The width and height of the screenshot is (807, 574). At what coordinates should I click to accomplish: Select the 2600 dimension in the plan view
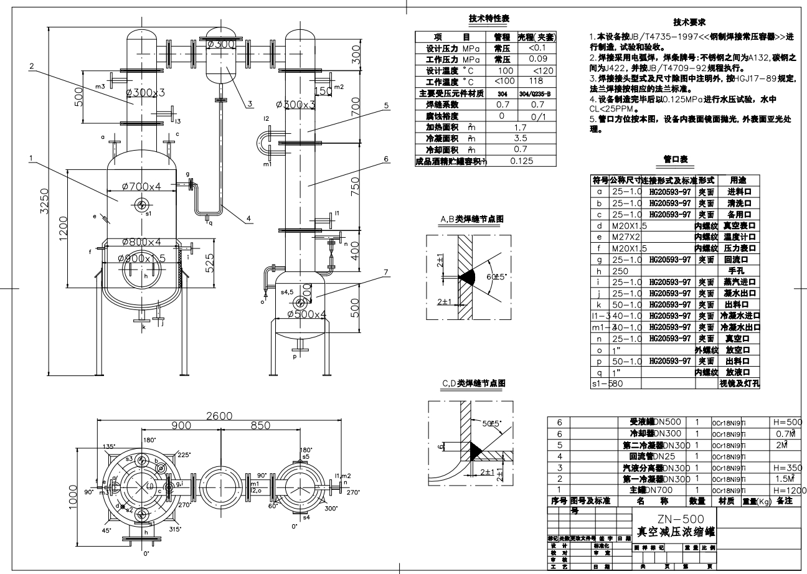[218, 415]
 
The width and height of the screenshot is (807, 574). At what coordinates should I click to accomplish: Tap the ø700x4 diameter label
[133, 186]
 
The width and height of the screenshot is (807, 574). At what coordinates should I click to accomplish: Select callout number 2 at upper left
[31, 65]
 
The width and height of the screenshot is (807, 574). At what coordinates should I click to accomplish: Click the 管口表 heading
[675, 160]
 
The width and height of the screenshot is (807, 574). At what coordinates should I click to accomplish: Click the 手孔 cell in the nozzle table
[737, 271]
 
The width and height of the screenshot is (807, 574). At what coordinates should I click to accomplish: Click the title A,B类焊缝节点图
[471, 219]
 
